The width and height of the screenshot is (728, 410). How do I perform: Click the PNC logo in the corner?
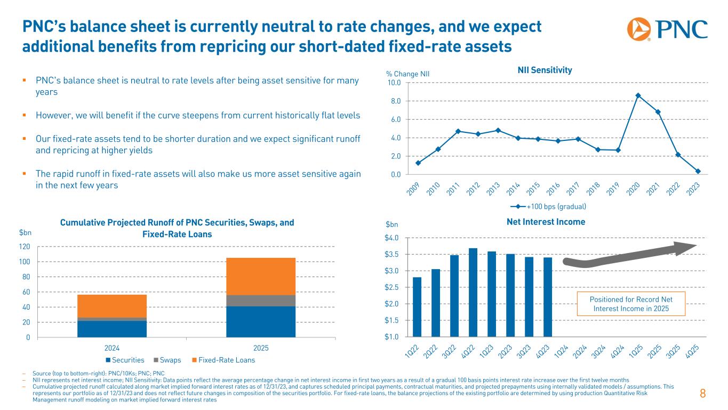tap(667, 29)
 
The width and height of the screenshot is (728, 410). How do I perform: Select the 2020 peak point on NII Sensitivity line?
tap(638, 96)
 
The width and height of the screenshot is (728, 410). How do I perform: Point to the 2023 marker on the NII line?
tap(698, 171)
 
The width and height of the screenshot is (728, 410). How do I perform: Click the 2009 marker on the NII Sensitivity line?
tap(418, 163)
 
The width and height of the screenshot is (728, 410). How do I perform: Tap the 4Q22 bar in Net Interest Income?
tap(473, 292)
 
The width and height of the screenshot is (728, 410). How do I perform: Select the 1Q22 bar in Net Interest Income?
tap(417, 307)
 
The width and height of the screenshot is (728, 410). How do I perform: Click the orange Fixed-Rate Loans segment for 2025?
tap(261, 277)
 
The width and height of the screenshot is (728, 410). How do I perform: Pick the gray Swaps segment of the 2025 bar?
tap(261, 301)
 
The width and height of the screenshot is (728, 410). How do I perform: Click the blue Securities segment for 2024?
tap(112, 329)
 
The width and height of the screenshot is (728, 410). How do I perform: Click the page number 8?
tap(703, 395)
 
